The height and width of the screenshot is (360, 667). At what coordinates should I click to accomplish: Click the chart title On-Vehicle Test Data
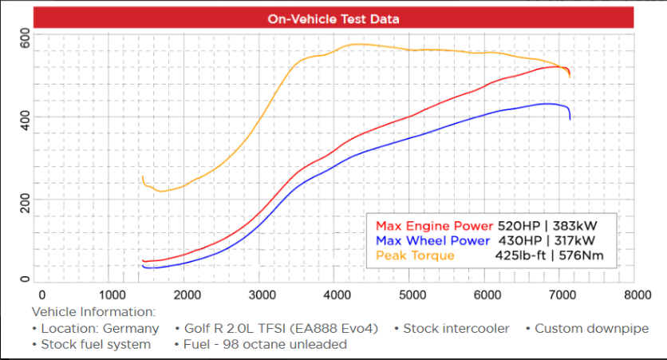pos(333,18)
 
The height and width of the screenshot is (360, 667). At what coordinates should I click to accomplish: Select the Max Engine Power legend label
pos(434,225)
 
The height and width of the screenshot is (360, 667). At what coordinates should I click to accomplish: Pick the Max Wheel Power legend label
pos(432,240)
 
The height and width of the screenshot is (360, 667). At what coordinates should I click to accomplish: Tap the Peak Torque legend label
pos(414,255)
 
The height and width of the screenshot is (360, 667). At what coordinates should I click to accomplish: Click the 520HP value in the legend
pos(519,225)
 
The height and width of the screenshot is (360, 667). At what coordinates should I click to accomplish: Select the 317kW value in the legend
pos(575,240)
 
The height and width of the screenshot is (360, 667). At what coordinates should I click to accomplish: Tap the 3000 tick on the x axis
pos(262,294)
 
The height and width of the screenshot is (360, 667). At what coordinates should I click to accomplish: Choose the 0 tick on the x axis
pos(41,294)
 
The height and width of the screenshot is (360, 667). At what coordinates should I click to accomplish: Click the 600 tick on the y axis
pos(26,38)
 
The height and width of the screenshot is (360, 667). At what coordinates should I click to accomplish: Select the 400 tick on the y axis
pos(26,121)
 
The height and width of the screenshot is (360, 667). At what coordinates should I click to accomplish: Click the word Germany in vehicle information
pos(132,328)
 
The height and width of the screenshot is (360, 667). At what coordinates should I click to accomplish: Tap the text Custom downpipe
pos(591,328)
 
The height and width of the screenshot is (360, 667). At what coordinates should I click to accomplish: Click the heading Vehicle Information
pos(93,311)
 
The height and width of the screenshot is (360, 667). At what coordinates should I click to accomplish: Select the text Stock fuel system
pos(95,344)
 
